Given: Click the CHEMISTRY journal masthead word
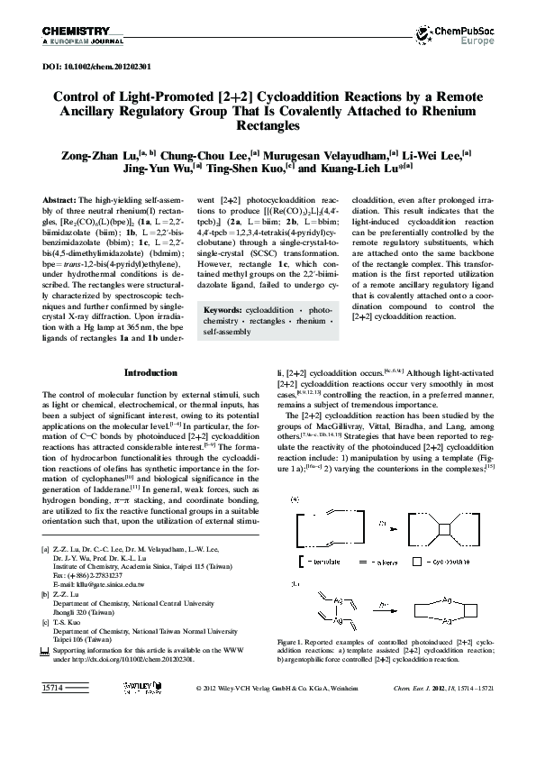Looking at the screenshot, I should [71, 32].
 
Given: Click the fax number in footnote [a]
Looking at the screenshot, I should [95, 575].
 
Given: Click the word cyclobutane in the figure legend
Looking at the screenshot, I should [461, 560].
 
